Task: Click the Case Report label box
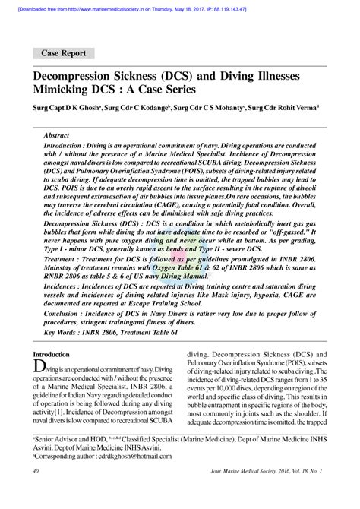pyautogui.click(x=65, y=54)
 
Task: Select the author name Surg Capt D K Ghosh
pyautogui.click(x=64, y=109)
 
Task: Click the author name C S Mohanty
pyautogui.click(x=216, y=109)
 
